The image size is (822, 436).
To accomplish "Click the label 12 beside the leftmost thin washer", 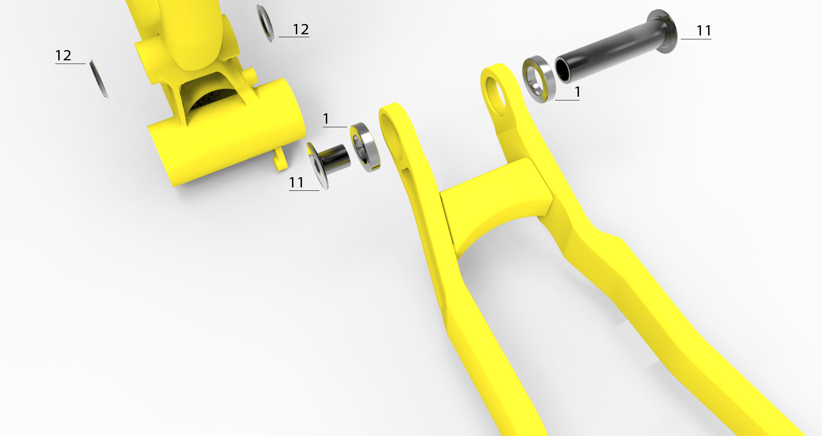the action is click(63, 55).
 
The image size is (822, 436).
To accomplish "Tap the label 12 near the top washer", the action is click(301, 29).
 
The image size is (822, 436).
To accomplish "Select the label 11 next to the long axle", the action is click(704, 31).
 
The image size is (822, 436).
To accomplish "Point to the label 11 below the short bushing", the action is click(296, 183).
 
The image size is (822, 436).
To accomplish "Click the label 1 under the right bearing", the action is click(578, 92).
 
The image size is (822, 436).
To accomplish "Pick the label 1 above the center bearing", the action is click(326, 119).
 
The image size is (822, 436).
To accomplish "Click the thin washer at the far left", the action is click(99, 79).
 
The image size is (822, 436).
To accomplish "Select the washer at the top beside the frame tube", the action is click(265, 23).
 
